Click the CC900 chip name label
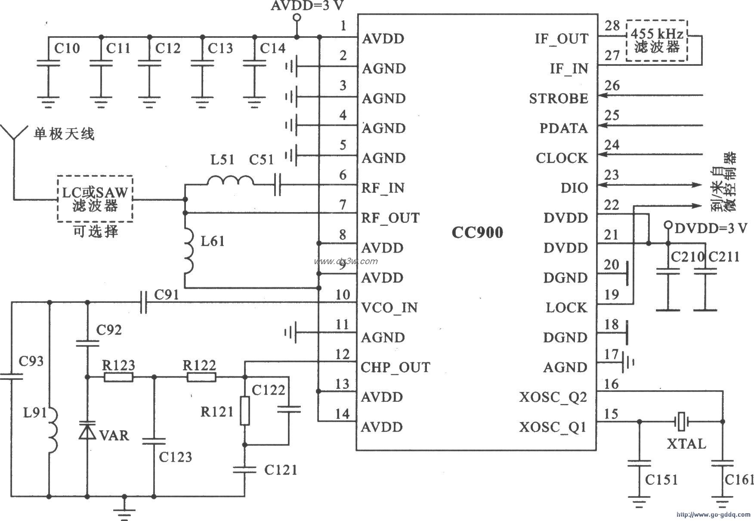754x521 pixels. coord(477,233)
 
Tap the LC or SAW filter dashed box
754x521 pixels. coord(95,199)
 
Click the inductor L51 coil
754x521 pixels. coord(231,181)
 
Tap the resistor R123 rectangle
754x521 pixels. coord(118,377)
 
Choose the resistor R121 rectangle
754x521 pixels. coord(244,411)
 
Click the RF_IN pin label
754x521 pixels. coord(383,188)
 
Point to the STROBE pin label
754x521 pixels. coord(558,99)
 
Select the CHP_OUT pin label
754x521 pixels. coord(395,368)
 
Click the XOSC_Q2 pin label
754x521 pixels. coord(553,398)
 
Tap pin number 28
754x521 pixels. coord(612,26)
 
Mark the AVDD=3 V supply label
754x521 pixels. coord(307,6)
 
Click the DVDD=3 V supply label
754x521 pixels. coord(711,228)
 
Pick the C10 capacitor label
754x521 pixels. coord(67,48)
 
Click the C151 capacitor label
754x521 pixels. coord(661,479)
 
